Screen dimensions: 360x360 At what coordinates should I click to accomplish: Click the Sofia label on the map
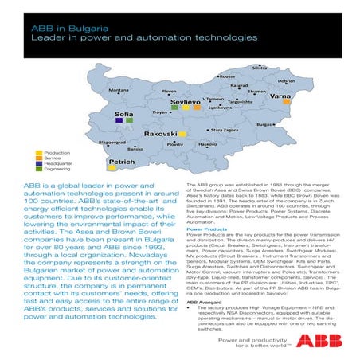123,115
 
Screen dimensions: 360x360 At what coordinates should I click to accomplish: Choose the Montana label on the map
119,91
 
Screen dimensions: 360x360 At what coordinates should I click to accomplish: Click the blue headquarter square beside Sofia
119,121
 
